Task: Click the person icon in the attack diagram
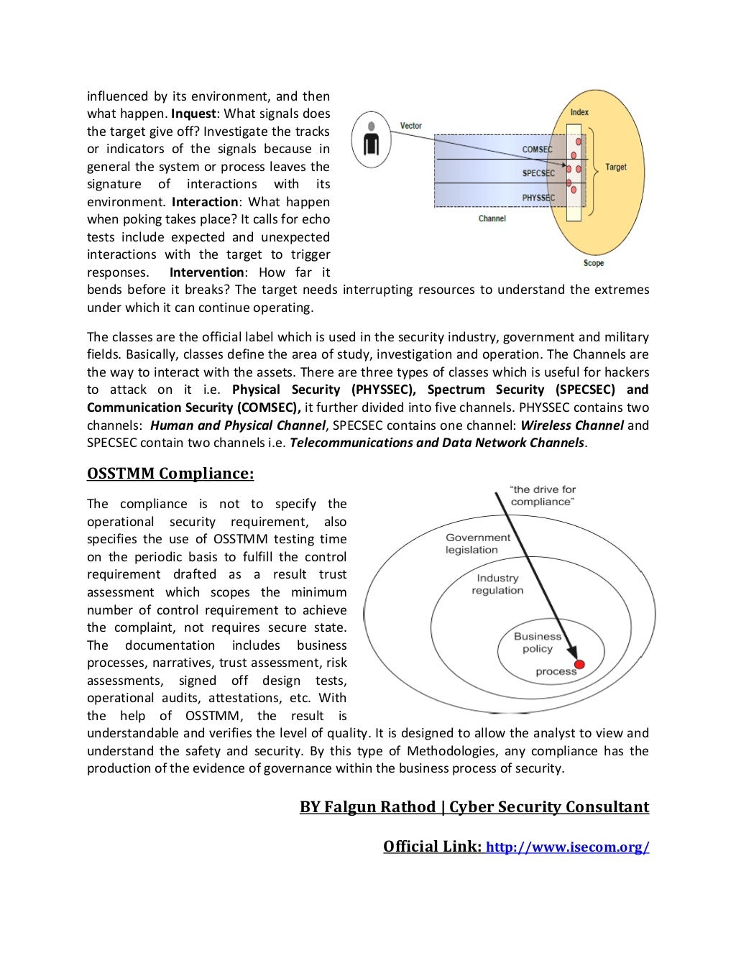click(x=371, y=139)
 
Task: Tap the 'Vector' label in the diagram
click(x=411, y=126)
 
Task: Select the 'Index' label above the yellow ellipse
click(x=579, y=111)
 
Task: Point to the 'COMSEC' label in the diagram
click(x=538, y=149)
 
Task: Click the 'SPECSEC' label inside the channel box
click(x=538, y=173)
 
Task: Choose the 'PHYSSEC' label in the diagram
click(x=538, y=198)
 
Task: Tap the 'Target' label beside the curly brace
click(x=615, y=167)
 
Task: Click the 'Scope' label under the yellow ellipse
click(x=594, y=263)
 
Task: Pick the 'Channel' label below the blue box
click(x=492, y=218)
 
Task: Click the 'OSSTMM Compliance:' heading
click(x=170, y=474)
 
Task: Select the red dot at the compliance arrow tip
click(x=580, y=663)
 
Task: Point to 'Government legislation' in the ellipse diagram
click(x=477, y=543)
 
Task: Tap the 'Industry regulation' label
click(x=497, y=584)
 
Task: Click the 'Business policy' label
click(x=538, y=642)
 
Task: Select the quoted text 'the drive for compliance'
click(x=543, y=495)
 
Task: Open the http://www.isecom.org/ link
click(x=568, y=847)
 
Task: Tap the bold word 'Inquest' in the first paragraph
click(x=193, y=114)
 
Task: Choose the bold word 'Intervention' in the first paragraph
click(x=207, y=272)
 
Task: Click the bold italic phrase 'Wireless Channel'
click(x=572, y=425)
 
